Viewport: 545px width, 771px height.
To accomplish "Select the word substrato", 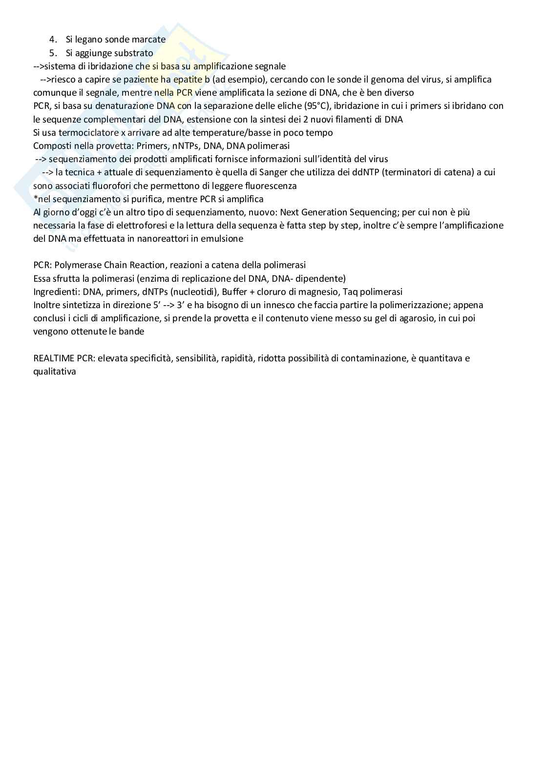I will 133,53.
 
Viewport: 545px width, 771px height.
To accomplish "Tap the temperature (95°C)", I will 315,106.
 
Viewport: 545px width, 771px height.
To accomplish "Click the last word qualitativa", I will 55,371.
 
